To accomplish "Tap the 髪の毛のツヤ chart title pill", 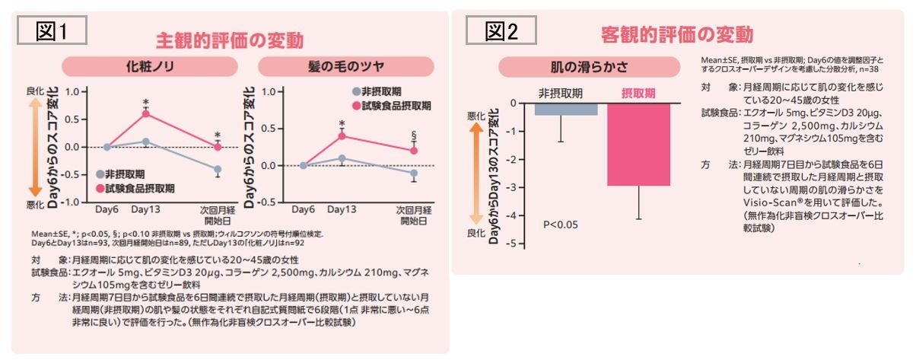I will [x=339, y=65].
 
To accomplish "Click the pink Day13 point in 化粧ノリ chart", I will [x=145, y=113].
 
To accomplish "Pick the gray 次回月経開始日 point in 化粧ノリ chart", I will [x=218, y=169].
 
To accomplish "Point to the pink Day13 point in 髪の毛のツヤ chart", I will [x=342, y=135].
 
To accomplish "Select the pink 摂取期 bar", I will [x=638, y=145].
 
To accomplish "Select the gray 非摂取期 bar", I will [x=565, y=109].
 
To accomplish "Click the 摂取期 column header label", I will [x=637, y=91].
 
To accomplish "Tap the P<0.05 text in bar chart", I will [x=561, y=225].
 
